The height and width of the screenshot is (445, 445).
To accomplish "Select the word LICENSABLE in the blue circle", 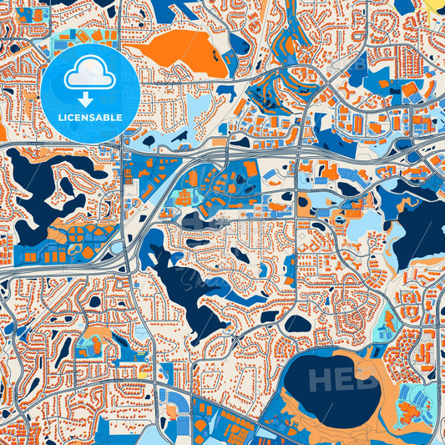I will click(x=89, y=118).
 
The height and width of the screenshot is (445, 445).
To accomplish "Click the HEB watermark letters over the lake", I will click(x=342, y=380).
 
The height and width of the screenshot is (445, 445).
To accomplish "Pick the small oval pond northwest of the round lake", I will click(x=297, y=323).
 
